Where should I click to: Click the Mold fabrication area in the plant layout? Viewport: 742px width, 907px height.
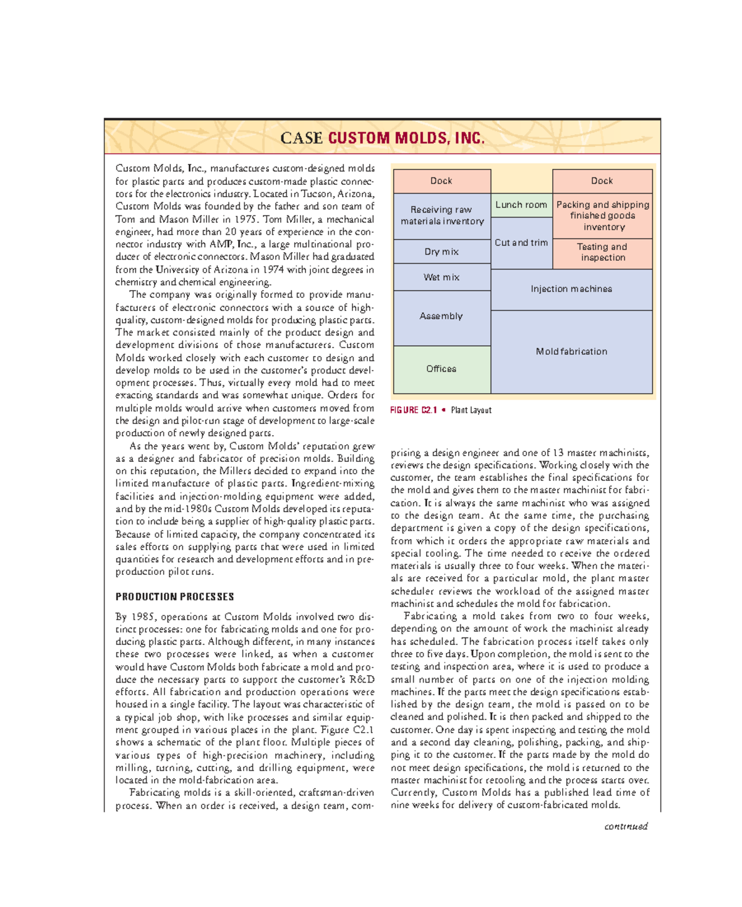pyautogui.click(x=571, y=352)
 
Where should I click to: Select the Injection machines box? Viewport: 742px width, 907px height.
pyautogui.click(x=571, y=289)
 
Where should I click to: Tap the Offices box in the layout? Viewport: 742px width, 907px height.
pyautogui.click(x=441, y=369)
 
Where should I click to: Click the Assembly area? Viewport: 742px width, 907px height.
pyautogui.click(x=441, y=317)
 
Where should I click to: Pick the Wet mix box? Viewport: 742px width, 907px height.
pyautogui.click(x=441, y=278)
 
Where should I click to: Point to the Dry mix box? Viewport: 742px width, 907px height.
pyautogui.click(x=441, y=252)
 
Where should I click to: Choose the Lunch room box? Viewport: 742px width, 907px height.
pyautogui.click(x=521, y=205)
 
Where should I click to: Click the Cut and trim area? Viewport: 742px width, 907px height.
pyautogui.click(x=521, y=243)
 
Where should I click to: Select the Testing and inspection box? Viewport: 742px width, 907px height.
pyautogui.click(x=602, y=252)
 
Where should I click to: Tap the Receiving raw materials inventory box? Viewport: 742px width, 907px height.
pyautogui.click(x=441, y=216)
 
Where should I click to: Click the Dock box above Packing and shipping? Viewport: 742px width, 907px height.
pyautogui.click(x=602, y=181)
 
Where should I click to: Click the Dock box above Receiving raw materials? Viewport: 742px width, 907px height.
pyautogui.click(x=441, y=181)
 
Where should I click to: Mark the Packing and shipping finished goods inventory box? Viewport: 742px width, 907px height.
pyautogui.click(x=602, y=216)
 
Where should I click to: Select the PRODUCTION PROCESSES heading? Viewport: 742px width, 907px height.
pyautogui.click(x=174, y=597)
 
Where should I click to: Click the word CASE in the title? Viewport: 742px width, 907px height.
pyautogui.click(x=301, y=138)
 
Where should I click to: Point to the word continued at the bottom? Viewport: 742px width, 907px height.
pyautogui.click(x=626, y=826)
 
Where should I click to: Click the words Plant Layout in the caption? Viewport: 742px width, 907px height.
pyautogui.click(x=471, y=411)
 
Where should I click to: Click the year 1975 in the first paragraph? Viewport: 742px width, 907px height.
pyautogui.click(x=245, y=219)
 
